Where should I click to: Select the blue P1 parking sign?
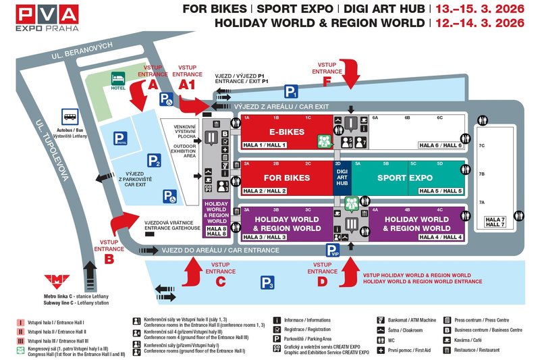click(x=291, y=92)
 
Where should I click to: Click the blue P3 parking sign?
click(x=269, y=284)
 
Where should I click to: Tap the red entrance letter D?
click(x=322, y=281)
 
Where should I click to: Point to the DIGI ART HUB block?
click(x=342, y=177)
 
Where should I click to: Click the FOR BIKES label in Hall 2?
click(x=287, y=178)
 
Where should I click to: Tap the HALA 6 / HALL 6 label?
click(x=441, y=145)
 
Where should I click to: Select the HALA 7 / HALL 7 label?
click(x=495, y=221)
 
